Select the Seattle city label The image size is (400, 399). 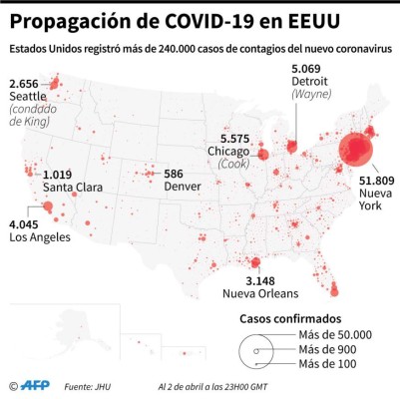tap(28, 96)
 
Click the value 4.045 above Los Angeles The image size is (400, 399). tap(27, 224)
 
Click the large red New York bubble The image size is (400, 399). tap(356, 151)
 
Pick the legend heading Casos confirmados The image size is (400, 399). tap(291, 318)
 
